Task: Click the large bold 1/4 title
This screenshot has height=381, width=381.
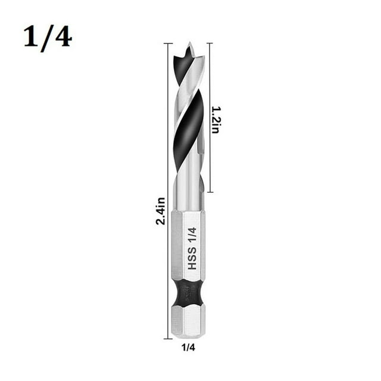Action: (48, 36)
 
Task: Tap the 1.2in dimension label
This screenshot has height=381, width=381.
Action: (215, 120)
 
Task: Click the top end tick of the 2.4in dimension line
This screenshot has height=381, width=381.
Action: (168, 43)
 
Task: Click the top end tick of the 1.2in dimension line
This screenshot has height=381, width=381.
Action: (209, 43)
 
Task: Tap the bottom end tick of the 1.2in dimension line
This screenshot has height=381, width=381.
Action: (209, 192)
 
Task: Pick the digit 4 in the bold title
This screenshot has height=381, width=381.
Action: (62, 36)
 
